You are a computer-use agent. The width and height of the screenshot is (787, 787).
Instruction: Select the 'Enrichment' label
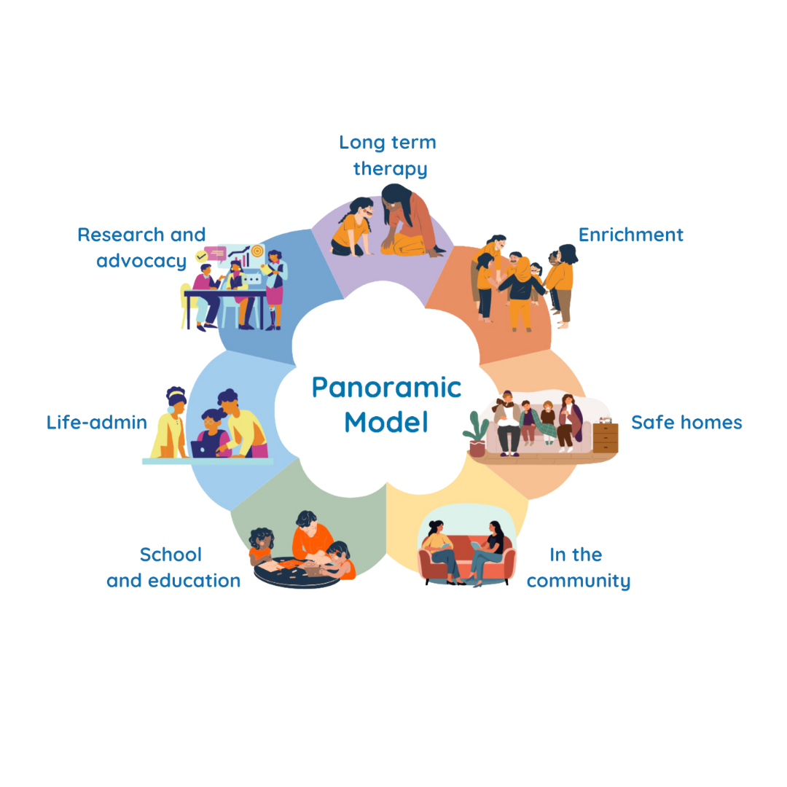(x=630, y=235)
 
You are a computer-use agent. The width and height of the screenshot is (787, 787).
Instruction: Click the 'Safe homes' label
(x=686, y=423)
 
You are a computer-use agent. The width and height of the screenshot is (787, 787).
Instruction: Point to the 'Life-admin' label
(x=96, y=423)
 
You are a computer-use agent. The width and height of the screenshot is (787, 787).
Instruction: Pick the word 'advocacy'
(x=141, y=261)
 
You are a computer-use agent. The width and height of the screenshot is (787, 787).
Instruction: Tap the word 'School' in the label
(x=171, y=555)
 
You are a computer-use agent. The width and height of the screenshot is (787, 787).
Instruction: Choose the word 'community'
(x=578, y=581)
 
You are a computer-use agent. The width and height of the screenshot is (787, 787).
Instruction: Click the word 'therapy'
(x=390, y=169)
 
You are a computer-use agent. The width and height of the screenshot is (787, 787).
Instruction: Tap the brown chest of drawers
(x=605, y=437)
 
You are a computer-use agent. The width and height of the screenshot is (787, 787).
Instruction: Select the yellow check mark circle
(x=201, y=257)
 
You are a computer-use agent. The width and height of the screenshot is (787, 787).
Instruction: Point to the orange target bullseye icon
(x=257, y=250)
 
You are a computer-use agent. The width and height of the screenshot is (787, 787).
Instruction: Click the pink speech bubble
(x=216, y=252)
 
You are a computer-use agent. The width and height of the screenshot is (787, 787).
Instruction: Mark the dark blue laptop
(x=203, y=449)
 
